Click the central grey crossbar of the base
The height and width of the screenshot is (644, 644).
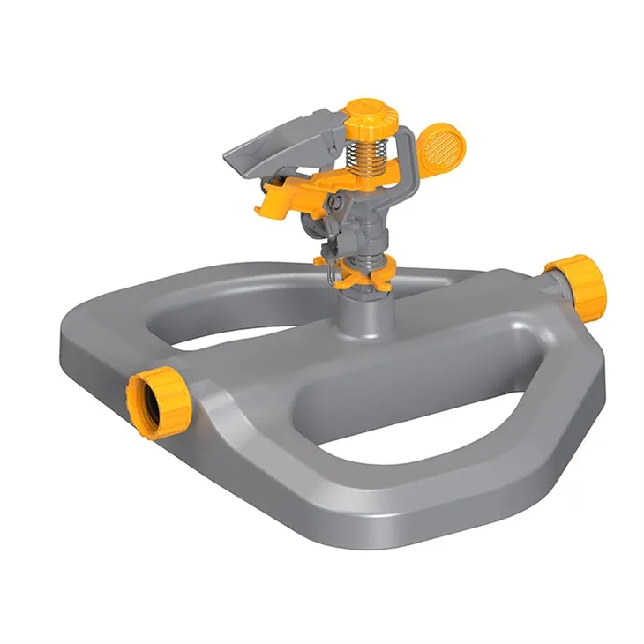pos(353,353)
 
